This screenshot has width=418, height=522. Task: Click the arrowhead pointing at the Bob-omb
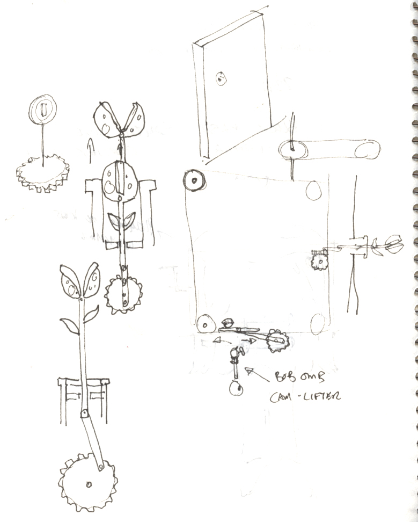[x=247, y=370]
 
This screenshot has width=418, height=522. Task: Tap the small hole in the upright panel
[x=221, y=79]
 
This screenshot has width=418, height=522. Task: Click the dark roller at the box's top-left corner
[x=194, y=180]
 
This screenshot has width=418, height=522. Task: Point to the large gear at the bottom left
[x=88, y=485]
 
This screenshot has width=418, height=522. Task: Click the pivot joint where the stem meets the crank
[x=84, y=414]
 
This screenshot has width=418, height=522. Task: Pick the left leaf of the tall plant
[x=69, y=325]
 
